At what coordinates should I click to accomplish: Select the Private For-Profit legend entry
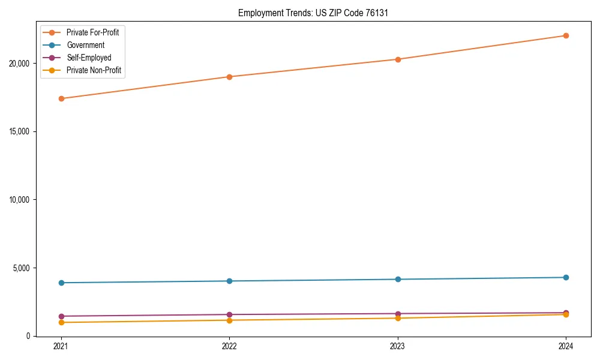(x=92, y=32)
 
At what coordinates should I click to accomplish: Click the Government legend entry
(x=85, y=45)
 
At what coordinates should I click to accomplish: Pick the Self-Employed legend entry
(x=89, y=58)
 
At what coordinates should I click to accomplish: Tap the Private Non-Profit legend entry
(x=94, y=70)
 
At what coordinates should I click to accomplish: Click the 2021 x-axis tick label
(x=61, y=346)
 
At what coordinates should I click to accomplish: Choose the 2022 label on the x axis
(x=229, y=346)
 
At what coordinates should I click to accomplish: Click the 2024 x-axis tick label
(x=566, y=346)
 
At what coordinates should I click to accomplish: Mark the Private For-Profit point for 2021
(x=61, y=98)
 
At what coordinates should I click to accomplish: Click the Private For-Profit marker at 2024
(x=566, y=35)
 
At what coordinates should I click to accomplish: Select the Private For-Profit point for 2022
(x=229, y=77)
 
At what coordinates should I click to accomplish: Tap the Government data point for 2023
(x=398, y=279)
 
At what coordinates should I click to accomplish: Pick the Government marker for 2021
(x=61, y=283)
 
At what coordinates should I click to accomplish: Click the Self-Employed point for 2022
(x=229, y=314)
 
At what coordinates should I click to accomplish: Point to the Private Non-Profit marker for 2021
(x=61, y=322)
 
